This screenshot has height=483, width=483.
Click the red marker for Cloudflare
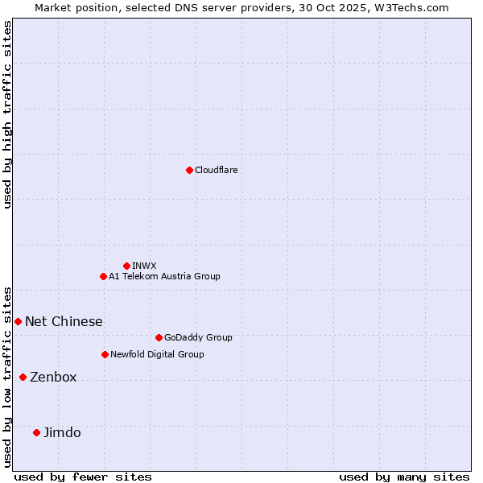point(189,170)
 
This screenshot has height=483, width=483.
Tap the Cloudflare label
point(217,170)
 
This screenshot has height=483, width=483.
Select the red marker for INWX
point(126,266)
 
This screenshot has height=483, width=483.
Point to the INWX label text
point(145,266)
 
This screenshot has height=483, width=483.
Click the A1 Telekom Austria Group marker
point(103,276)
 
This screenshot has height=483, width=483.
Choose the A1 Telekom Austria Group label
point(164,276)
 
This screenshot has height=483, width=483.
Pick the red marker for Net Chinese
point(18,321)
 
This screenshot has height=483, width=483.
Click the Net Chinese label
point(64,322)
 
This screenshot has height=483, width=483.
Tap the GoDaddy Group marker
point(159,337)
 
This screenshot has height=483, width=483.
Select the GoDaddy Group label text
point(198,337)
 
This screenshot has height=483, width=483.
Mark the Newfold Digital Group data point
point(105,354)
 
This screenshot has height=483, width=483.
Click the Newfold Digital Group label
point(157,354)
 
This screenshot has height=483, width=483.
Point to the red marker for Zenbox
point(23,377)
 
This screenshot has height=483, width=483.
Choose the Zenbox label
point(53,378)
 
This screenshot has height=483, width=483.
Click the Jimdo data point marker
point(36,432)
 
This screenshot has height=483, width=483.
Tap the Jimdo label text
point(62,433)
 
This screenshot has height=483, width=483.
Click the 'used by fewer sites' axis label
point(83,477)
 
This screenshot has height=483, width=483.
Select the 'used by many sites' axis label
point(404,477)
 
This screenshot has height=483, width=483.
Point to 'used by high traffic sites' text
point(7,114)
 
